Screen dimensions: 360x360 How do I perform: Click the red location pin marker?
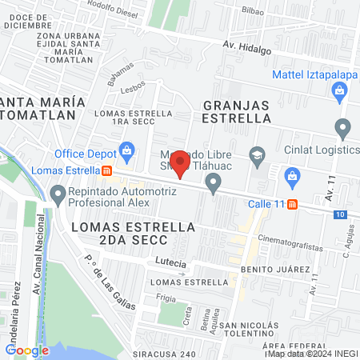pos(181,164)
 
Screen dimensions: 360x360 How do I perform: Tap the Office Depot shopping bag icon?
pos(126,150)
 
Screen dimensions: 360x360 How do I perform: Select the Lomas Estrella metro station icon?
pos(107,170)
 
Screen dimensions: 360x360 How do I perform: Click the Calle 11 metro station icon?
pos(293,204)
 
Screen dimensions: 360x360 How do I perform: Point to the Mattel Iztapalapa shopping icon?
pos(341,90)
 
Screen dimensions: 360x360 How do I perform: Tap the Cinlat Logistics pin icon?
pos(344,128)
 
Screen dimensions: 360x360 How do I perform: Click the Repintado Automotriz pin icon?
pos(58,193)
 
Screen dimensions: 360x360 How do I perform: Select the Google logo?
pos(27,350)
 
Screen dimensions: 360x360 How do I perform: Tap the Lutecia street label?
pos(172,263)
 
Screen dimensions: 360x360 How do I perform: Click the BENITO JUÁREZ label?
pos(274,270)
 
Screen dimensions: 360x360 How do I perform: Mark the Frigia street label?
pos(166,296)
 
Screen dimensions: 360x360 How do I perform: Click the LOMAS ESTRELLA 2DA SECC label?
pos(133,233)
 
